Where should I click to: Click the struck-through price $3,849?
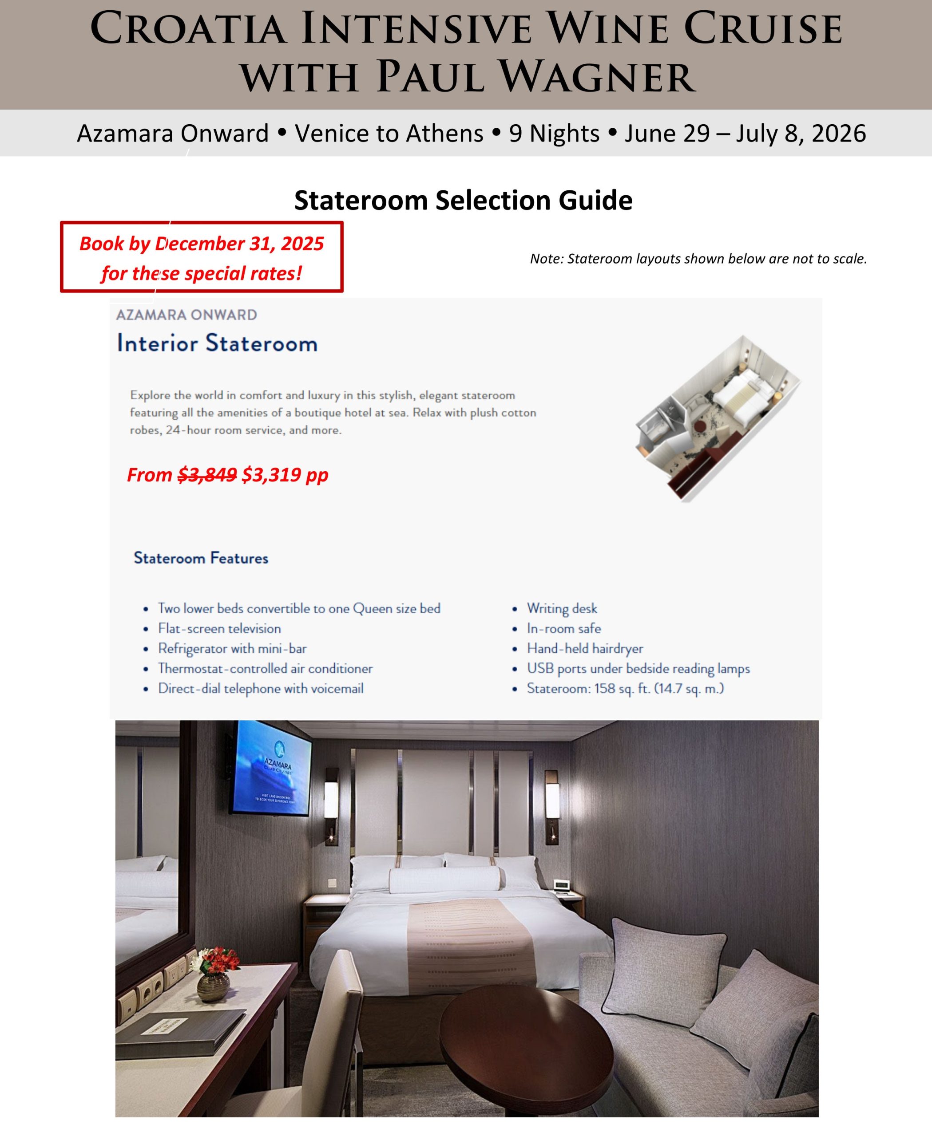[207, 475]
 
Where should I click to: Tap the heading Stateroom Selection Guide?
[463, 200]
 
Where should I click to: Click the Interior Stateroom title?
[217, 343]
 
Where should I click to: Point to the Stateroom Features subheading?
[201, 558]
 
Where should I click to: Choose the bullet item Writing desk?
[562, 608]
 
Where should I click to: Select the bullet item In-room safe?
[564, 628]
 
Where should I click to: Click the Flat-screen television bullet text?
[219, 628]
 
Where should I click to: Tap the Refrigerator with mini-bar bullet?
[232, 649]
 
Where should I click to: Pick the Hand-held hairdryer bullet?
[585, 649]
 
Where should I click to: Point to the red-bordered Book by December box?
[201, 257]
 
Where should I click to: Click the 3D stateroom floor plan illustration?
[717, 418]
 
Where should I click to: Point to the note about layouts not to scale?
[698, 259]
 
